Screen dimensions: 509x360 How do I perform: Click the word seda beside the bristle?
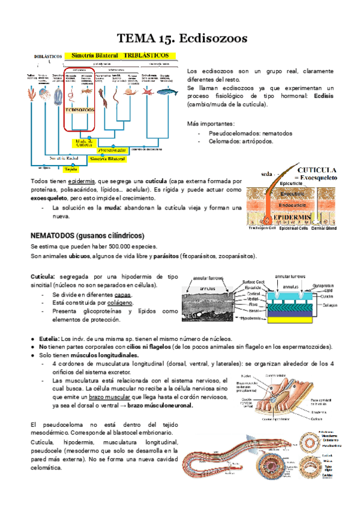pyautogui.click(x=267, y=175)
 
